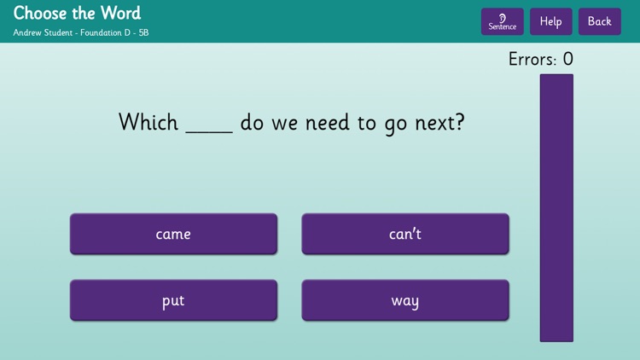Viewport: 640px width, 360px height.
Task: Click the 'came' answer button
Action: (173, 234)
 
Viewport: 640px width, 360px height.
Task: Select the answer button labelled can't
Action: (405, 234)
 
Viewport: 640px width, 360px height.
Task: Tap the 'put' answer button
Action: (173, 300)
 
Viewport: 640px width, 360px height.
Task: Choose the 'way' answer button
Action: (405, 300)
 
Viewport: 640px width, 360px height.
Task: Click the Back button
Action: (599, 21)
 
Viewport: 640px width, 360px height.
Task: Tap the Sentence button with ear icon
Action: (502, 21)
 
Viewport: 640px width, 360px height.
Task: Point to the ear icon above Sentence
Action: (502, 17)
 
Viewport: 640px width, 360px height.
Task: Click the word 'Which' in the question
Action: (148, 122)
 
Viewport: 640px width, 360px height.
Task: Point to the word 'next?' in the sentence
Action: (439, 123)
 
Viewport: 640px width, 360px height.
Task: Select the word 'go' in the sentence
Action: (396, 125)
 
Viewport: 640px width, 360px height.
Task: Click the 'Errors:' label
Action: (532, 60)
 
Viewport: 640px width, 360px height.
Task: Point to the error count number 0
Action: (567, 60)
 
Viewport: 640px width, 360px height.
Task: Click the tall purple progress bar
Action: (556, 207)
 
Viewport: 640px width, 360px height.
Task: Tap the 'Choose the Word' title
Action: (77, 13)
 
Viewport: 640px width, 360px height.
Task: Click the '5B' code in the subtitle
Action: (143, 32)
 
